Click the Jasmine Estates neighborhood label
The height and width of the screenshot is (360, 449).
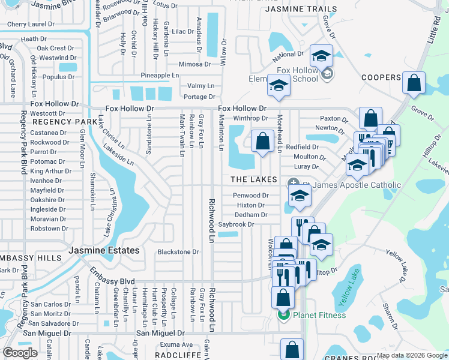coord(104,250)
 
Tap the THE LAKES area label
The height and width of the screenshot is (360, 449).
coord(253,180)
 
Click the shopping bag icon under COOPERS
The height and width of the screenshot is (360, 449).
coord(414,83)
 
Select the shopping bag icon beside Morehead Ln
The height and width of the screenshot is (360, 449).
coord(262,142)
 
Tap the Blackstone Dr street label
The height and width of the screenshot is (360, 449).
coord(178,252)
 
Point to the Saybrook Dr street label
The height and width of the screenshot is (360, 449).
coord(236,224)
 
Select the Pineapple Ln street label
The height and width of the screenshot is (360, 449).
coord(160,75)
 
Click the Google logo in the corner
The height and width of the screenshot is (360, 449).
coord(20,352)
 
